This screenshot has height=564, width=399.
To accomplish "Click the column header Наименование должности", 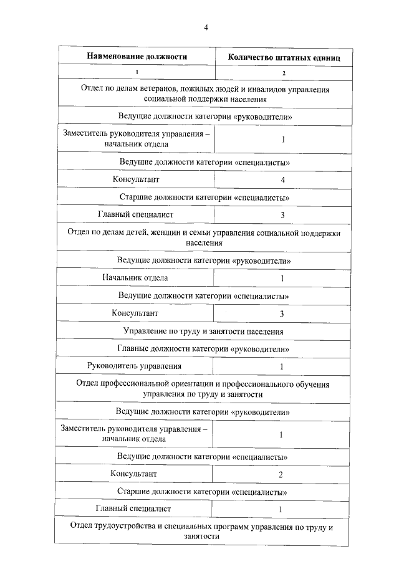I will (137, 56).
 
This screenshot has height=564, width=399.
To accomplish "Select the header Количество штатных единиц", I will (284, 57).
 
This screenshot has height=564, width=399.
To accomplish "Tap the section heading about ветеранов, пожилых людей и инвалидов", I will (205, 94).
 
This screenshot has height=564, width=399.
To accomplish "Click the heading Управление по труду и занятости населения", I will (204, 331).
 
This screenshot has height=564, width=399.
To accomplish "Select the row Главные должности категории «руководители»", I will (203, 349).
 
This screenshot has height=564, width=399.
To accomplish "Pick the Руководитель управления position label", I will (135, 366).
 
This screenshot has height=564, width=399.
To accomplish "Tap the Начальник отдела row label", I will (135, 278).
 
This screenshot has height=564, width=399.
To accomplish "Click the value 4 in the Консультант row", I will (283, 180).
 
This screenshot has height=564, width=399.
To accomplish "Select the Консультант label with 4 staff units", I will (136, 180).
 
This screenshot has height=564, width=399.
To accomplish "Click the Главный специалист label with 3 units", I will (136, 215).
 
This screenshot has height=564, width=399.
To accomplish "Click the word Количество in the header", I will (251, 57).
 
